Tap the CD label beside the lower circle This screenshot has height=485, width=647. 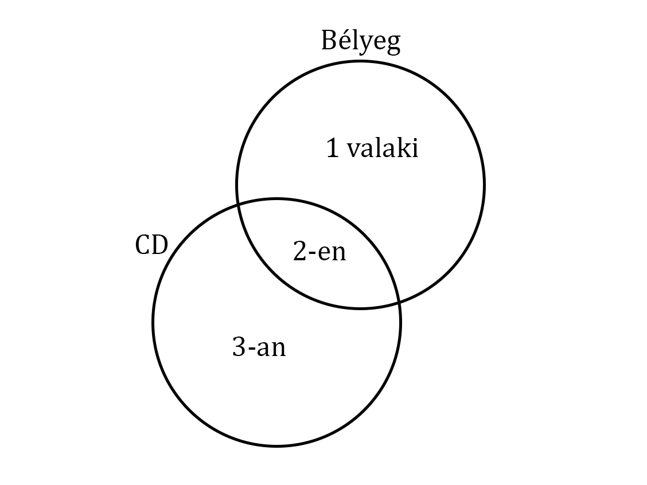coord(151,245)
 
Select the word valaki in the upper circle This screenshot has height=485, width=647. coord(383,148)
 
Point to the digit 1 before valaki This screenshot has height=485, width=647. coord(333,149)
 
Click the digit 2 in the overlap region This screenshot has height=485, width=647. coord(300,251)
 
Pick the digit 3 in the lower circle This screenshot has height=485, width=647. coord(239,346)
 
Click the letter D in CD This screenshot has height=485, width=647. coord(160,245)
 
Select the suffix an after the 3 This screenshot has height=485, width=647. coord(271,349)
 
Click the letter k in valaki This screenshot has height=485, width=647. coord(403,148)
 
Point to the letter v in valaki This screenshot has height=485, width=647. coord(354,151)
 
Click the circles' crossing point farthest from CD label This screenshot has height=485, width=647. coord(399,302)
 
